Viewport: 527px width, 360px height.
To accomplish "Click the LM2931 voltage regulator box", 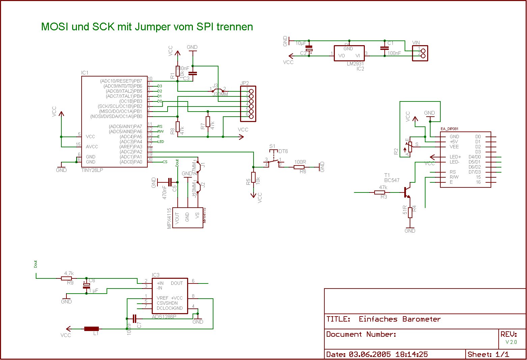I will click(349, 53).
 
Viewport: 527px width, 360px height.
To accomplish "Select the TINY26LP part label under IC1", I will click(92, 170).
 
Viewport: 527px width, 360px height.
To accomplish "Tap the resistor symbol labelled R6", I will click(300, 167).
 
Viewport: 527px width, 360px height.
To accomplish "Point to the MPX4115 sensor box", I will click(187, 218).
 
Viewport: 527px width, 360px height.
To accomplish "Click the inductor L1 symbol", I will click(91, 329).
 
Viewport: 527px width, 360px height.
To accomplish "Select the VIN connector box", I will click(420, 53).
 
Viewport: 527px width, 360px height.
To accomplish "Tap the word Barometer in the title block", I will click(421, 319).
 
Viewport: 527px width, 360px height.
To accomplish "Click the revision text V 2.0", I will click(511, 342).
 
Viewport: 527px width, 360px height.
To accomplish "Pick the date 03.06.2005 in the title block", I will click(370, 354).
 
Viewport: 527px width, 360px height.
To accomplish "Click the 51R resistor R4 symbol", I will click(410, 212).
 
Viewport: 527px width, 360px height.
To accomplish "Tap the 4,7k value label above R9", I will click(69, 273).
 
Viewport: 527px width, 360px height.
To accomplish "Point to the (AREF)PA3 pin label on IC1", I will click(130, 147).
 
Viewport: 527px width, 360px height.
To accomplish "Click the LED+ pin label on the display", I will click(455, 157).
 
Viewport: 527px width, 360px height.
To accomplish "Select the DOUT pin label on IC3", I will click(177, 283).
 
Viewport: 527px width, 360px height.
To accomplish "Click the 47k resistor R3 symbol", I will click(380, 192).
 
